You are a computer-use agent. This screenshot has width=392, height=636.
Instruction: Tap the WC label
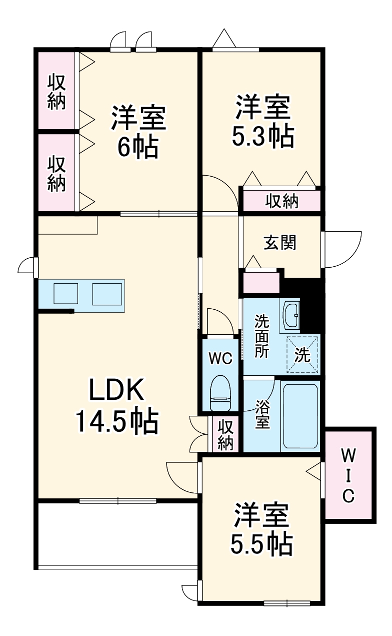pos(220,358)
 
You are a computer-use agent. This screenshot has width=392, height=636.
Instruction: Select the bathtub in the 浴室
pos(300,415)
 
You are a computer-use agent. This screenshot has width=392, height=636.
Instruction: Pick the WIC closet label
pos(348,475)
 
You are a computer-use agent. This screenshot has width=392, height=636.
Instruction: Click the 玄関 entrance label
pos(280,242)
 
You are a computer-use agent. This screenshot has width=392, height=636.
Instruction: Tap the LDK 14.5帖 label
pos(116,406)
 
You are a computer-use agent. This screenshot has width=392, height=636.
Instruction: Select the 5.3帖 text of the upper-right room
pos(262,136)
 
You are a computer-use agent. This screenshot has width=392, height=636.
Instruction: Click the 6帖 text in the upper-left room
pos(137,147)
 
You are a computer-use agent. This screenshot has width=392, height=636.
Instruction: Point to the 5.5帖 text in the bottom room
pos(261,544)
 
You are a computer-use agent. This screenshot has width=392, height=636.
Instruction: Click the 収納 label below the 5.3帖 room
pos(281,201)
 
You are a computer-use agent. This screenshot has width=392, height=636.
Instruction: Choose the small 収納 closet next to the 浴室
pos(225,434)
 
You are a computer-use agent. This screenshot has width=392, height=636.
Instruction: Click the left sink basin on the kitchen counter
pos(66,293)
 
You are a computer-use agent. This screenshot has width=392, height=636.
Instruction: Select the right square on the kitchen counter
pos(107,293)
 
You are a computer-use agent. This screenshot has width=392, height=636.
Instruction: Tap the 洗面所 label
pos(261,336)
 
